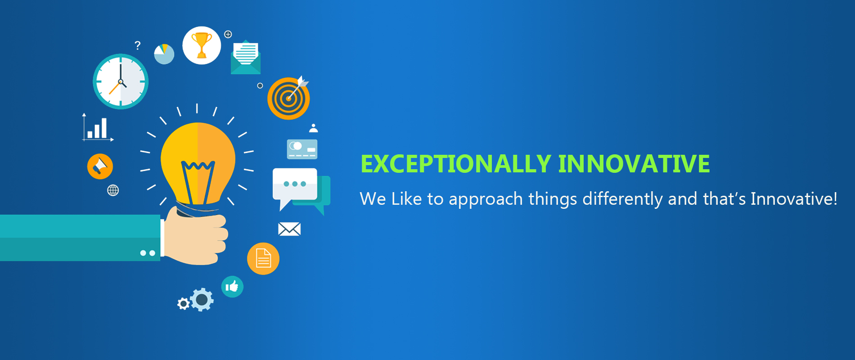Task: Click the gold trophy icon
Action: click(202, 45)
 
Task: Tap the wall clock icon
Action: click(121, 81)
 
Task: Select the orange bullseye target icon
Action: click(288, 98)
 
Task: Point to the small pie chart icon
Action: click(164, 54)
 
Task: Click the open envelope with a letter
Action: click(246, 57)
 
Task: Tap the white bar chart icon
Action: click(97, 127)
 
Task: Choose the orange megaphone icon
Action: click(100, 166)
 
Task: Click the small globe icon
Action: click(113, 190)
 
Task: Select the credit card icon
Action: click(302, 149)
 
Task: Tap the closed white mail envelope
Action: click(289, 229)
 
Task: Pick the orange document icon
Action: click(263, 259)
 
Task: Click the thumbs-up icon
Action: click(232, 287)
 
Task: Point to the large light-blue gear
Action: click(202, 300)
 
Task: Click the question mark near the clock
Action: click(138, 45)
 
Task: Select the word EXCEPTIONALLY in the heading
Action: click(456, 164)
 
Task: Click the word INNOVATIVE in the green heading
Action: click(634, 164)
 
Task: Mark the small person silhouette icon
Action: click(314, 128)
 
